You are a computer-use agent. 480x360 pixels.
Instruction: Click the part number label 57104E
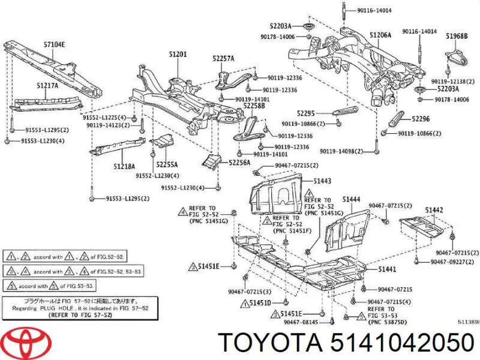[53, 43]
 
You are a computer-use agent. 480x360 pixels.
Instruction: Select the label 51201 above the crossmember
[178, 55]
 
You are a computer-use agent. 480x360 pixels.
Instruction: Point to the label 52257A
[223, 58]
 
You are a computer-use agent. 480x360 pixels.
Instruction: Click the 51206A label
[380, 35]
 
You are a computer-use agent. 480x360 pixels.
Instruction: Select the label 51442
[434, 209]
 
